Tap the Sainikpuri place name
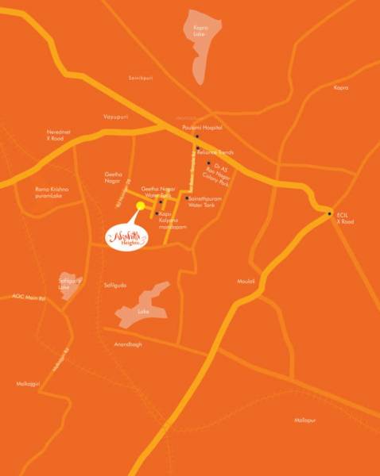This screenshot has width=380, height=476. (140, 77)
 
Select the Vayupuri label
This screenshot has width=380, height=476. (114, 116)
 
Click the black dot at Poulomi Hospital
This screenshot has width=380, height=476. (196, 136)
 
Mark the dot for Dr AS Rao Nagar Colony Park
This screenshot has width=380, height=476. (208, 163)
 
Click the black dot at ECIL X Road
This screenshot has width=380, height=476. (329, 213)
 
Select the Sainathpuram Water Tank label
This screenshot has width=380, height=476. (200, 201)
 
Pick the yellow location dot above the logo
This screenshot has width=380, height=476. (141, 205)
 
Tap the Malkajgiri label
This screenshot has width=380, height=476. (27, 383)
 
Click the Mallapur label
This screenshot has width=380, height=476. (305, 419)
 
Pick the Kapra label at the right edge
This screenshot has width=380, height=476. (340, 87)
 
